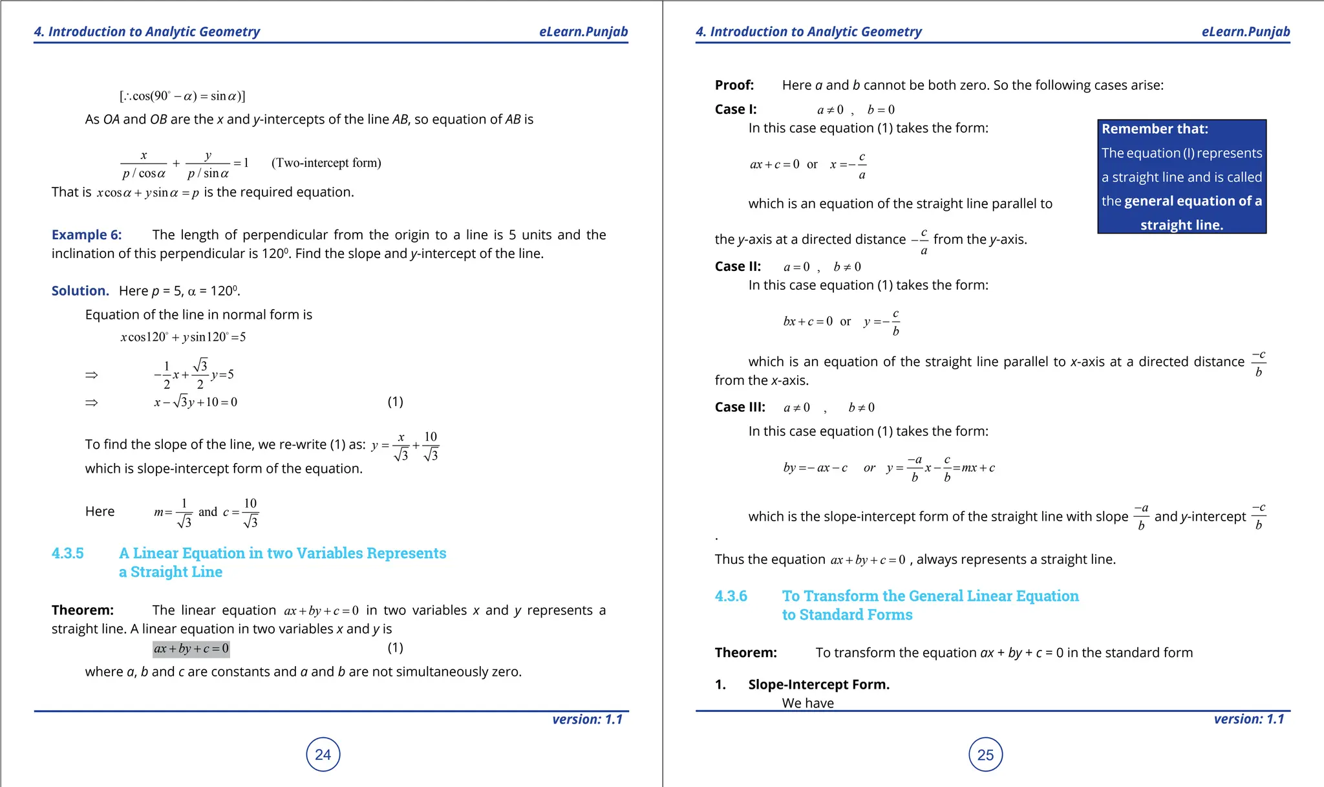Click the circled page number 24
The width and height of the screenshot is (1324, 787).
323,754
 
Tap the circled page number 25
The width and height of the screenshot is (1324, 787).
985,754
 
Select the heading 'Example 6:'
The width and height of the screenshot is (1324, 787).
87,235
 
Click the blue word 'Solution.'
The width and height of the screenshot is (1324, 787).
80,291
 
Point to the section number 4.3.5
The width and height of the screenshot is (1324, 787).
68,554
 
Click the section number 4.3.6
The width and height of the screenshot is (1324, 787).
731,596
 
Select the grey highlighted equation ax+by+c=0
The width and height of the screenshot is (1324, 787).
191,649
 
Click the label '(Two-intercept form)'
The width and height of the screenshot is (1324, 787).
326,163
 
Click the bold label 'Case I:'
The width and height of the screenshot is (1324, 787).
736,109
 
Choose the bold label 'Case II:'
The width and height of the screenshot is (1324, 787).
738,266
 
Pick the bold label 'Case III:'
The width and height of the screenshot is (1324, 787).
740,407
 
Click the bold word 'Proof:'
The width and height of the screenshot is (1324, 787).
734,85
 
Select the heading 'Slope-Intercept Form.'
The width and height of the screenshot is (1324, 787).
818,684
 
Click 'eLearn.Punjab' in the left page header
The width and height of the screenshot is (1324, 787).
583,32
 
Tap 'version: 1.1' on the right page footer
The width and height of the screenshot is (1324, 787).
1248,719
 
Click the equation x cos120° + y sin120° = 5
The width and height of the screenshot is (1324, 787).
183,337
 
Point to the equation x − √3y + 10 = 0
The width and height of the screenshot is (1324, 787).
195,402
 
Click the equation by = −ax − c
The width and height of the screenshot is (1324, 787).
815,468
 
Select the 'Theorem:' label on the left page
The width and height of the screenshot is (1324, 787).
83,610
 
